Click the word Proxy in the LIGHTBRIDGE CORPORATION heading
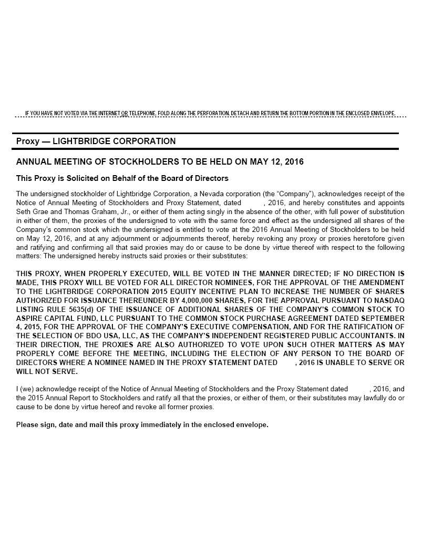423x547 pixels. point(27,141)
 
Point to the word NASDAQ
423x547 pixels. point(388,300)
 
